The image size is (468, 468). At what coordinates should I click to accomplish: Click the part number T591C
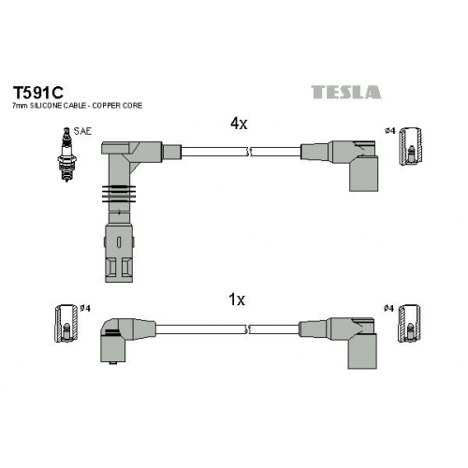(37, 92)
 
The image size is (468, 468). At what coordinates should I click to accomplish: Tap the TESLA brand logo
(346, 92)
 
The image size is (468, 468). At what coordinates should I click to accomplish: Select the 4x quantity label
(239, 124)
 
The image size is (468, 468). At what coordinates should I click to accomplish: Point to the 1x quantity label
(237, 300)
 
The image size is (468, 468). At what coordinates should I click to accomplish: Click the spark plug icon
(66, 154)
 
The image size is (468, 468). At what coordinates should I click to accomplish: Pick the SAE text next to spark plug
(82, 131)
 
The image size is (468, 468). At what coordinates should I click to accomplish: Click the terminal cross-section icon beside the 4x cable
(411, 146)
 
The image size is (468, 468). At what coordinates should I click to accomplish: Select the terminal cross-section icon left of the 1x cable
(66, 323)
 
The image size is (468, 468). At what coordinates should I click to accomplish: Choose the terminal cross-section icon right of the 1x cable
(409, 323)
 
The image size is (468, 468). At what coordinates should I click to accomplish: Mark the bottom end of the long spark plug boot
(119, 282)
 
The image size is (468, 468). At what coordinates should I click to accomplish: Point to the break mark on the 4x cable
(249, 152)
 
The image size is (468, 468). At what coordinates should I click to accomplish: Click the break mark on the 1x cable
(249, 329)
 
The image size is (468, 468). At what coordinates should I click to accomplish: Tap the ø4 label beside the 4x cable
(390, 131)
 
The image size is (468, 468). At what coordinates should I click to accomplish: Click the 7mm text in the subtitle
(20, 106)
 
